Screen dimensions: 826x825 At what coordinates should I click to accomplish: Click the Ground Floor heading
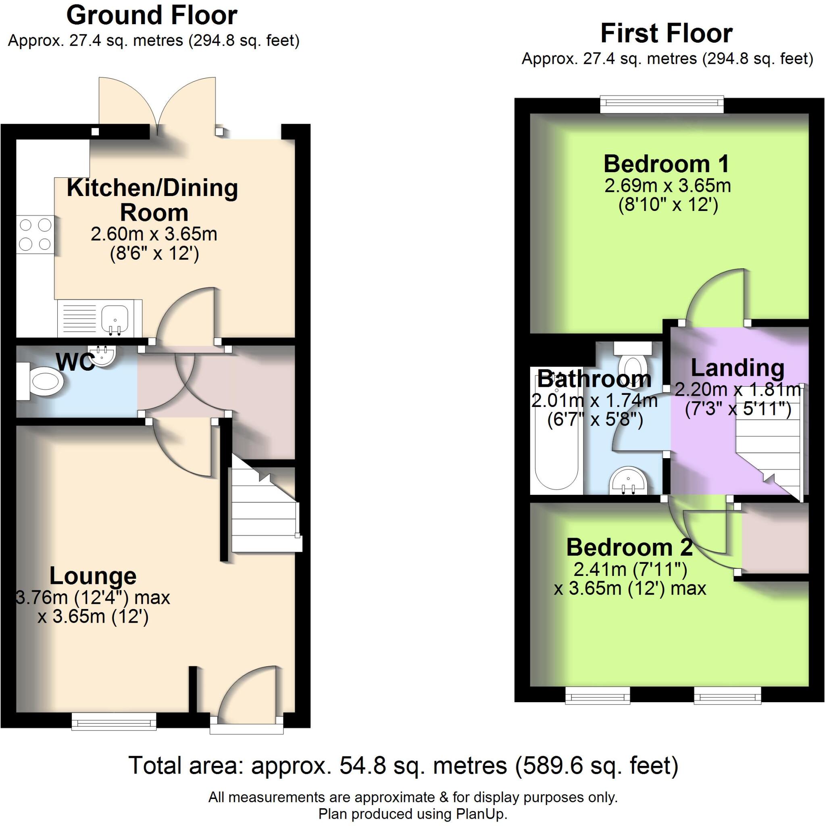coord(152,16)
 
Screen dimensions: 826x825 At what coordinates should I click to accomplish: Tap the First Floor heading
coord(667,34)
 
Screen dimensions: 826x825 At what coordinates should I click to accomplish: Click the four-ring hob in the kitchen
coord(35,234)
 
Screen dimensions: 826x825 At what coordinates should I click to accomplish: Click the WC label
coord(76,363)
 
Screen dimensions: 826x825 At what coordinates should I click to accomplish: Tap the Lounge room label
coord(93,576)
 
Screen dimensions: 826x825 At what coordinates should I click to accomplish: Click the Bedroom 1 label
coord(667,164)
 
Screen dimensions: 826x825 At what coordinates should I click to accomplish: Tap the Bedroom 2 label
coord(629,547)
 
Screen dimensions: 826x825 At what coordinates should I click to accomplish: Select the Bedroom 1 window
coord(662,105)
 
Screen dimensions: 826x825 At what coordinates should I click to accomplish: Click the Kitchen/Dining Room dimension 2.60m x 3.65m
coord(154,234)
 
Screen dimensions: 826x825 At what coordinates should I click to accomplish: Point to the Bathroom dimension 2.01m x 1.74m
coord(594,401)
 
